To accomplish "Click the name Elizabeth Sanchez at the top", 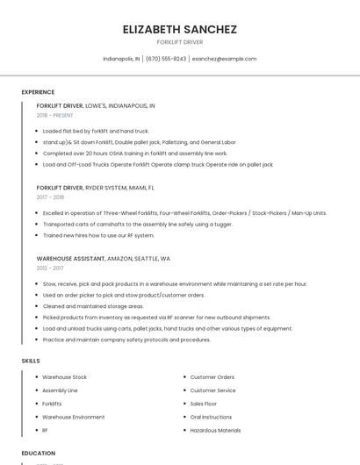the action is (180, 29).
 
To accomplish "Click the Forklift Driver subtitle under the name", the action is (180, 42).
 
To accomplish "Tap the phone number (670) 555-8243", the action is (166, 59).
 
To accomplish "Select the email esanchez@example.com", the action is (224, 59).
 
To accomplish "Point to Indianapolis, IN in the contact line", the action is (121, 59).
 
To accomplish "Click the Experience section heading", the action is (38, 92).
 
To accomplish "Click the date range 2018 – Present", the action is (54, 115).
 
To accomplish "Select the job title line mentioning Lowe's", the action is (96, 105).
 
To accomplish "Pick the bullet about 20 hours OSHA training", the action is (134, 153).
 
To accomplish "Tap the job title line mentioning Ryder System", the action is (95, 188).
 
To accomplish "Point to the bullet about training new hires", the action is (98, 235).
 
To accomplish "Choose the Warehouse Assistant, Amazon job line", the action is (103, 259).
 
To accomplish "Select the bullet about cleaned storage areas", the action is (93, 306).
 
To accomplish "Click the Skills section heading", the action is (31, 361).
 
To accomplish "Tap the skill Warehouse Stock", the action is (64, 377).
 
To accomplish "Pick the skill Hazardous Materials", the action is (215, 431).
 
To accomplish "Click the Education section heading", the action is (38, 454).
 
